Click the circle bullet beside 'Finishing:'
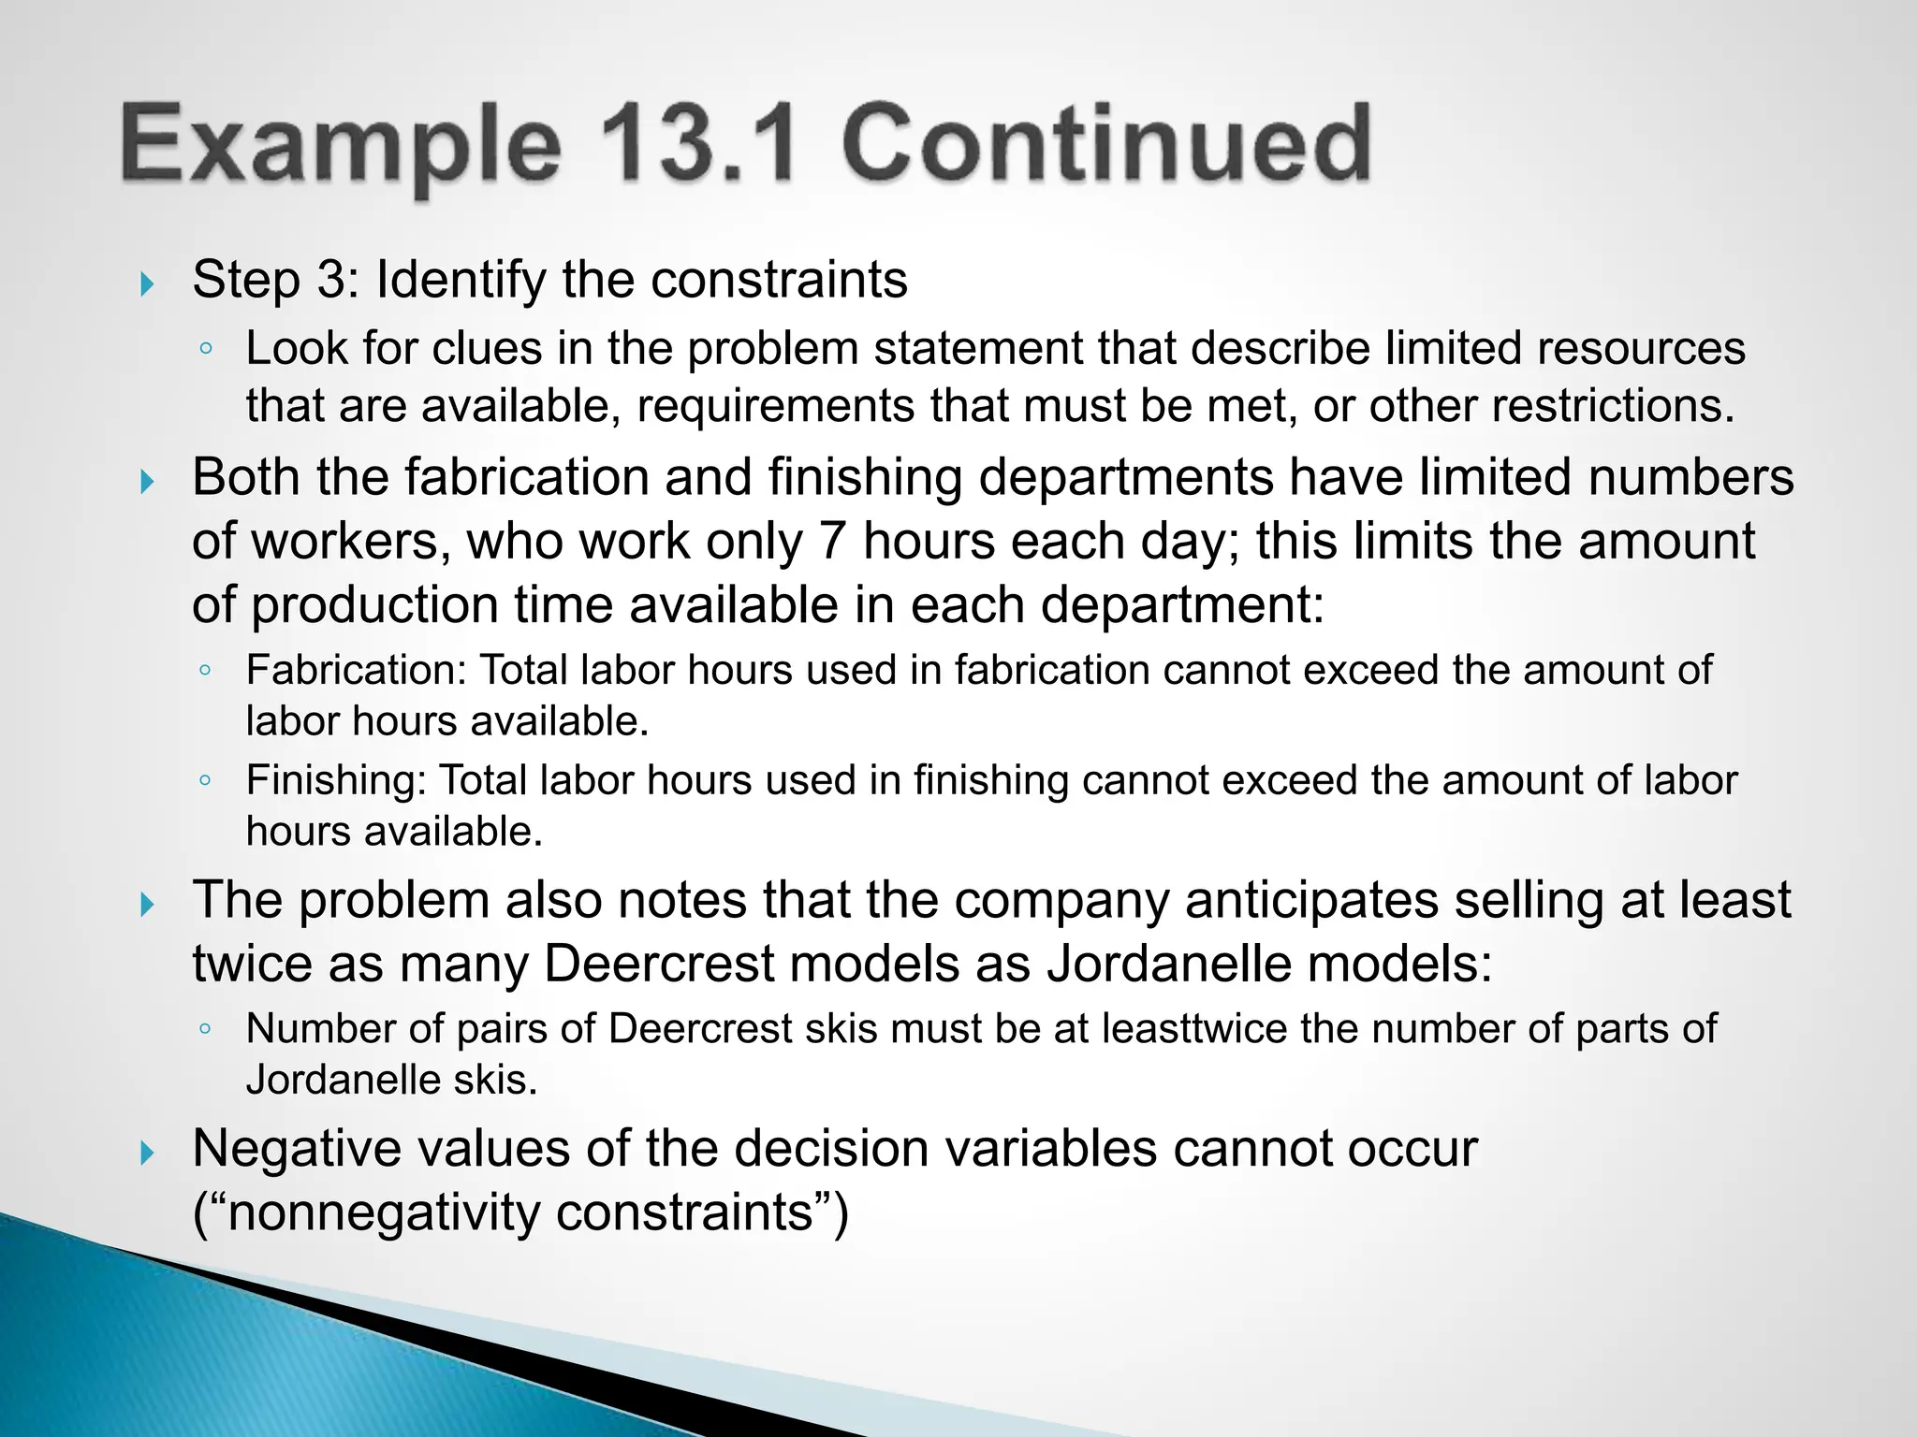[x=205, y=779]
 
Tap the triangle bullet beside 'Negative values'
[x=147, y=1153]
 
